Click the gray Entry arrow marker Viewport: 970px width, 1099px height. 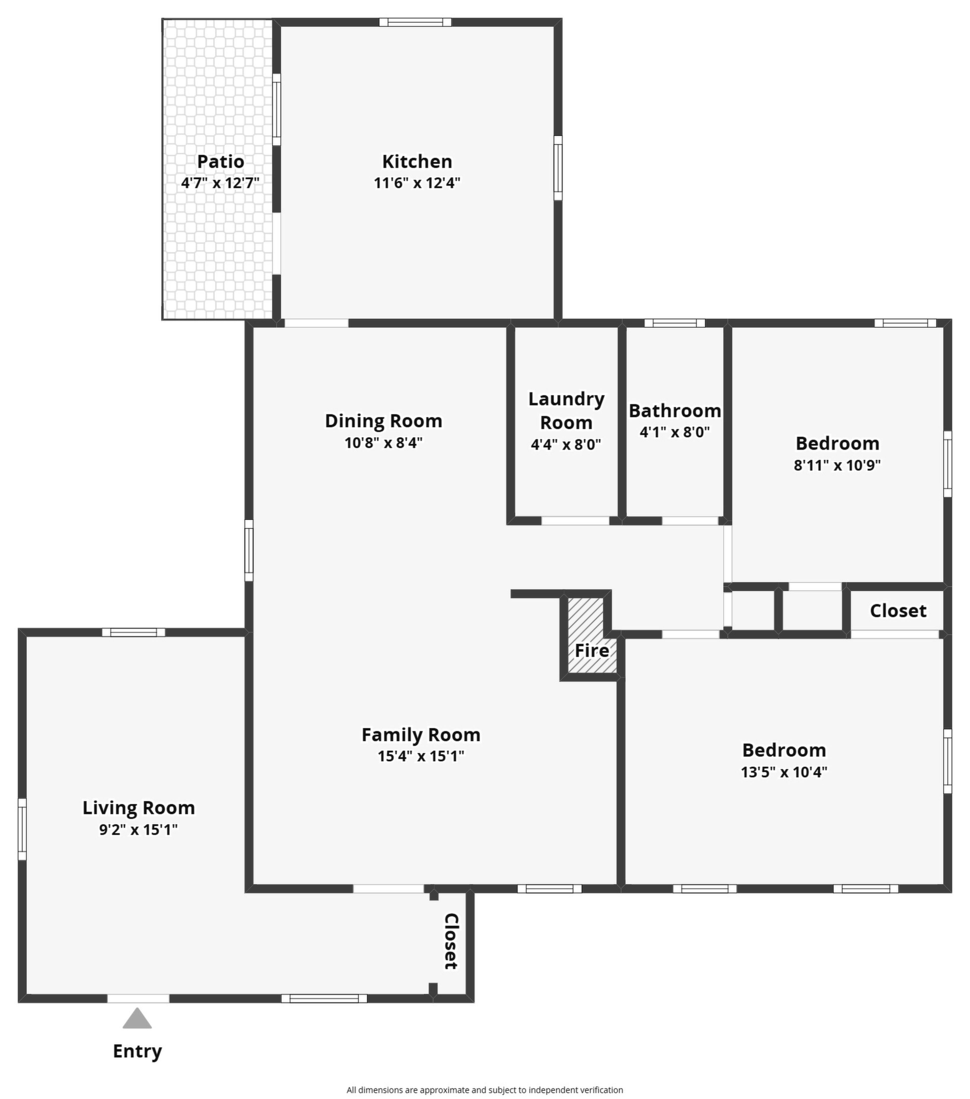tap(137, 1018)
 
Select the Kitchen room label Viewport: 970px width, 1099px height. tap(417, 161)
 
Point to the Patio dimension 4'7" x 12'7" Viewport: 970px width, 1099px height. tap(220, 183)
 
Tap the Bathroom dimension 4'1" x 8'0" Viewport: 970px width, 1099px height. tap(674, 432)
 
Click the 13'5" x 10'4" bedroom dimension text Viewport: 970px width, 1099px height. tap(784, 772)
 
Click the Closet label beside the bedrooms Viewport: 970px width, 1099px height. tap(898, 611)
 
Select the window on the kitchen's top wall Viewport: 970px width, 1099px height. tap(415, 22)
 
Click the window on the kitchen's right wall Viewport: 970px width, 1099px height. tap(558, 168)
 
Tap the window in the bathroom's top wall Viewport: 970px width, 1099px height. tap(674, 323)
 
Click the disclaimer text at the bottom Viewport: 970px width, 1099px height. tap(485, 1090)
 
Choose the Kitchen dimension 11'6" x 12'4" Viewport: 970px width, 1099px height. tap(417, 183)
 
